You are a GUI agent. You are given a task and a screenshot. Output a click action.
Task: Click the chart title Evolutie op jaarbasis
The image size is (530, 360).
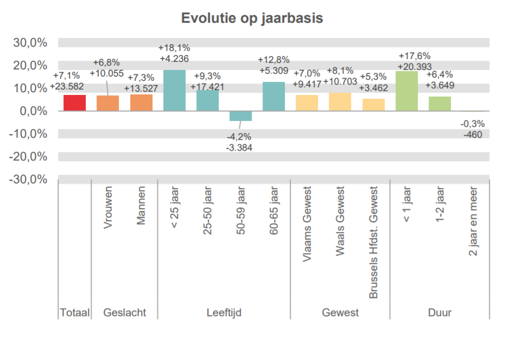[252, 18]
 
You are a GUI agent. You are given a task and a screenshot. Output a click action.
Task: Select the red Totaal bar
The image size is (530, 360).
[74, 103]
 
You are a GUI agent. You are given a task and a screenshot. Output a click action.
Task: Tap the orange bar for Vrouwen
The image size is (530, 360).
[107, 103]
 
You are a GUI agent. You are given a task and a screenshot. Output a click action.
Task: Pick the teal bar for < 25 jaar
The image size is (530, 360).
[174, 91]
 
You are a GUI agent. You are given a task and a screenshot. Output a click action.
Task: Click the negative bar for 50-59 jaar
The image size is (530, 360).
[240, 115]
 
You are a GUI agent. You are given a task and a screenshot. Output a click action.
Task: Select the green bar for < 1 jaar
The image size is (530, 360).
[406, 91]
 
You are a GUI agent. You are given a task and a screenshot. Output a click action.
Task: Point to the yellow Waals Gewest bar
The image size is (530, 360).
[340, 102]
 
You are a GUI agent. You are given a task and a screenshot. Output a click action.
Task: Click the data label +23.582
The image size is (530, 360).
[67, 86]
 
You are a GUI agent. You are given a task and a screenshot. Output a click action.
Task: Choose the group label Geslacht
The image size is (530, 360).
[124, 313]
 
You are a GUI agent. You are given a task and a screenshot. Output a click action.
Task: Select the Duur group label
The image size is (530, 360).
[439, 313]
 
